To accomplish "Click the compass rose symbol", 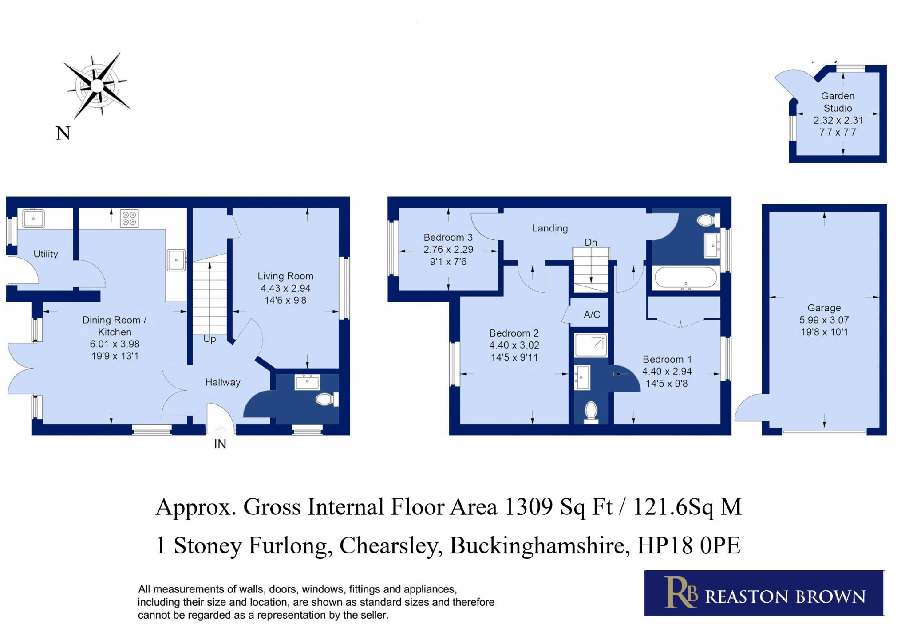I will [x=97, y=86].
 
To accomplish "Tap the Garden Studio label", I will [x=837, y=102].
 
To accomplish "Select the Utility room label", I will [x=46, y=254].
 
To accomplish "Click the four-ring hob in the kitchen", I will [x=129, y=218].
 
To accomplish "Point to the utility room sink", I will [x=33, y=218].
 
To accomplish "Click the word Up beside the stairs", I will [x=209, y=339].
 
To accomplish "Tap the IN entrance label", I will [x=220, y=444].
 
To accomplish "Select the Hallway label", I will [x=223, y=382].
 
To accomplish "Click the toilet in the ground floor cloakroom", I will [x=326, y=399].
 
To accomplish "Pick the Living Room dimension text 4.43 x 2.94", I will [x=285, y=288].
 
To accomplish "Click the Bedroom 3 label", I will [x=448, y=237].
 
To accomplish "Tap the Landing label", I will [x=550, y=228].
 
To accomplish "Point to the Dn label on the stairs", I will [x=591, y=243].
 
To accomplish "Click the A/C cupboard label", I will [x=592, y=315].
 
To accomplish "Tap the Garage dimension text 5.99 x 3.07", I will [x=824, y=320].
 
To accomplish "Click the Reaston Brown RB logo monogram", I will [x=680, y=592].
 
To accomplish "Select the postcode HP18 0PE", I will [x=688, y=545].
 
